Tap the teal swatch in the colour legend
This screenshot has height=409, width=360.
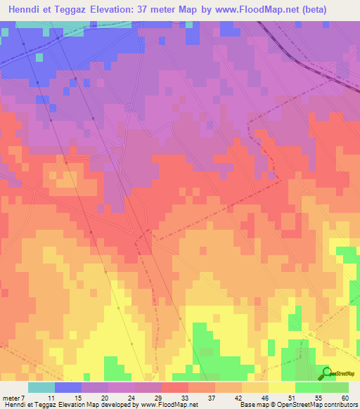(41, 387)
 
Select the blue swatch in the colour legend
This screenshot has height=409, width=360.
(68, 387)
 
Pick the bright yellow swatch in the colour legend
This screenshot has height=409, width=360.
(282, 387)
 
